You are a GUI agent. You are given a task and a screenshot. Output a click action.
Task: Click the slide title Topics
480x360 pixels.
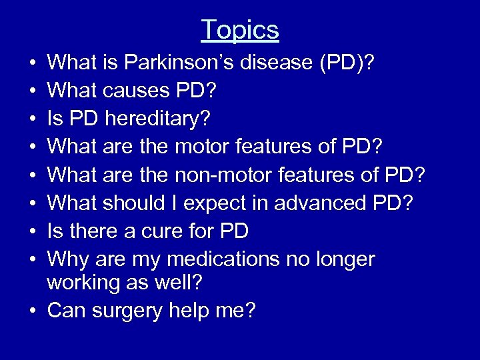pyautogui.click(x=240, y=30)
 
